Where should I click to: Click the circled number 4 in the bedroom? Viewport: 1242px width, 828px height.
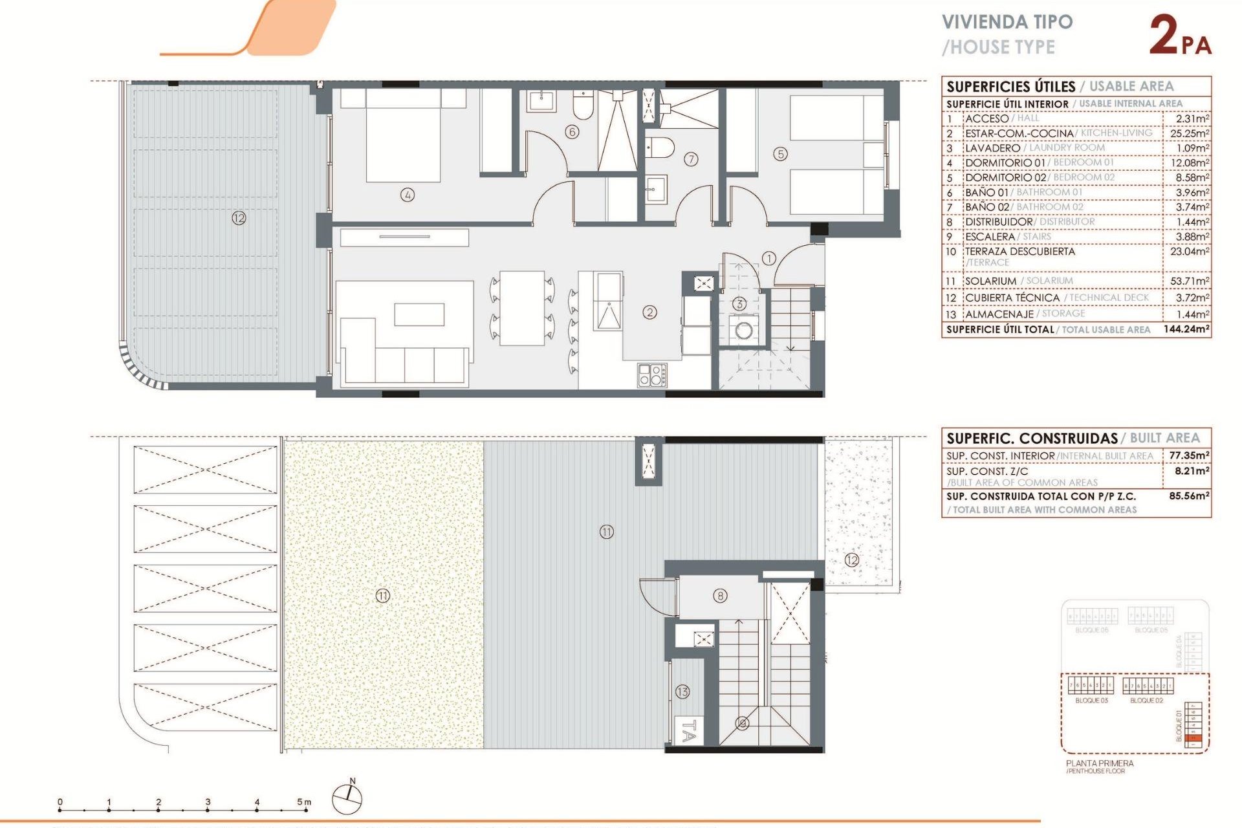(x=407, y=194)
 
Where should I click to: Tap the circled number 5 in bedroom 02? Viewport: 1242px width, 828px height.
(x=780, y=154)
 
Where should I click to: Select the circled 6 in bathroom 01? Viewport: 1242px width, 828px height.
(x=571, y=132)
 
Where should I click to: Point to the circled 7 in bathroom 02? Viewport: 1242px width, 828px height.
(x=691, y=158)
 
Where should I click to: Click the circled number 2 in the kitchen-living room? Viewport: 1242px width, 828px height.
(x=649, y=312)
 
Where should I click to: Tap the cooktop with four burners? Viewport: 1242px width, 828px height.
(x=652, y=375)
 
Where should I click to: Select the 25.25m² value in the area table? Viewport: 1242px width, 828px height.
(x=1189, y=133)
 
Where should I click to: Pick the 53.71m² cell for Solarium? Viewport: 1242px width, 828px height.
(x=1189, y=281)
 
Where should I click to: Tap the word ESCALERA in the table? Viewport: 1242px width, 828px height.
(x=990, y=237)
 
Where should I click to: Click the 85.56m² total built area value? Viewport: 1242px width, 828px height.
(x=1188, y=496)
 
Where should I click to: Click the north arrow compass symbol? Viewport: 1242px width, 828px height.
(x=347, y=798)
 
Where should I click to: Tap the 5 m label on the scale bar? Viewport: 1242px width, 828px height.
(x=303, y=802)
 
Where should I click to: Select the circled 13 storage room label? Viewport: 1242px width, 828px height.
(x=682, y=692)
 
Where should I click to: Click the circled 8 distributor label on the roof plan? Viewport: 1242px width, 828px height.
(x=720, y=596)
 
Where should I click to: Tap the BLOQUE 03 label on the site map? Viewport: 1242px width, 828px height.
(x=1091, y=701)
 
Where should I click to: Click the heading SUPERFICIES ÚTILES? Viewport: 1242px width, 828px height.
(x=1010, y=87)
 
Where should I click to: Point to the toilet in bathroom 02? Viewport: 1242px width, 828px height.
(x=660, y=147)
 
